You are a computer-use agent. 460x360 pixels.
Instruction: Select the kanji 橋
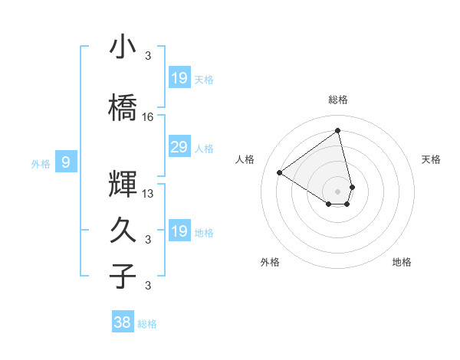coord(123,109)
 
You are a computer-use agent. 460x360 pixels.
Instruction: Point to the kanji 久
coord(123,230)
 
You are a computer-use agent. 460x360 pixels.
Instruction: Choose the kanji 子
coord(123,276)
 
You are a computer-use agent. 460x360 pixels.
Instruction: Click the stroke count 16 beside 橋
coord(148,117)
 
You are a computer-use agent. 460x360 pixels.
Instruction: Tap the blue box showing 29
coord(179,148)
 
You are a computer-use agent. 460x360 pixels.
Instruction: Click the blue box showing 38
coord(123,322)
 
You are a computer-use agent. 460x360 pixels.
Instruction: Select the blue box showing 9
coord(67,162)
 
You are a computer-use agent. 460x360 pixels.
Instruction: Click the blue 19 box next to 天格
coord(179,78)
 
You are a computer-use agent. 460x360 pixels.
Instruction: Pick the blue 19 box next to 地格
coord(179,231)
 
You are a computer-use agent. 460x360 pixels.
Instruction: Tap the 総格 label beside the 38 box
coord(147,324)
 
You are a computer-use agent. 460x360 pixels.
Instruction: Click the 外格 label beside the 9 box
coord(40,163)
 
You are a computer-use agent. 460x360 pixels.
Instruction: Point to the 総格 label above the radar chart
coord(337,100)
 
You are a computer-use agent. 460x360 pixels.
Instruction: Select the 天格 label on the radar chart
coord(432,159)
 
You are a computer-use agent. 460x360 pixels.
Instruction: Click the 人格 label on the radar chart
coord(245,159)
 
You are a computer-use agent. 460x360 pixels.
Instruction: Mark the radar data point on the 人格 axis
coord(280,172)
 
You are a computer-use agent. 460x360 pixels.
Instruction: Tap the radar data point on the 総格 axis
coord(337,130)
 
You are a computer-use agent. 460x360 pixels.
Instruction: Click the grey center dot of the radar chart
coord(337,191)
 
